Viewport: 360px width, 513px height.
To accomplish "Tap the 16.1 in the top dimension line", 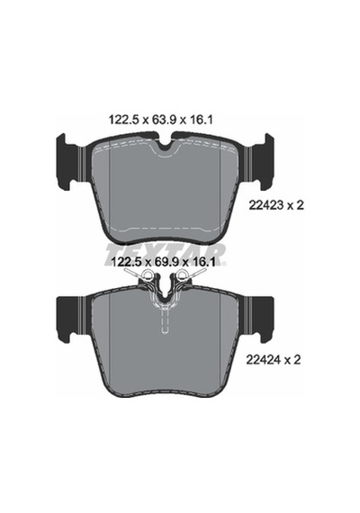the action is [x=202, y=120].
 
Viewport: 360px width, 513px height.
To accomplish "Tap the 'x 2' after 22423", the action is [x=296, y=205].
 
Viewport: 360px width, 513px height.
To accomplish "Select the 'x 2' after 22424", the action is [x=292, y=360].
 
